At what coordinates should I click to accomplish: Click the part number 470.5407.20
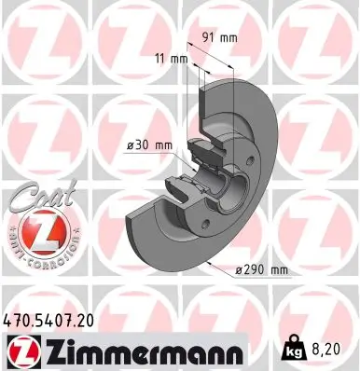point(55,320)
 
